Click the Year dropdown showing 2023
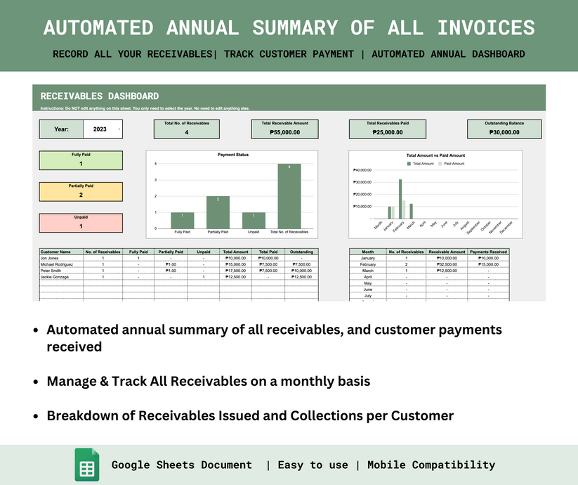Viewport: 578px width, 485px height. [x=102, y=129]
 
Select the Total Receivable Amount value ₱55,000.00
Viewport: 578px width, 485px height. [x=284, y=132]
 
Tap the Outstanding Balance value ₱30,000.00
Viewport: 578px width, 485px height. [x=504, y=132]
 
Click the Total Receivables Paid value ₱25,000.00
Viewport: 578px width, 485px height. [x=387, y=132]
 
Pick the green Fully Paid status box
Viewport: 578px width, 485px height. [x=80, y=160]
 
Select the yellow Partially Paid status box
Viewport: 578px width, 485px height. [x=80, y=191]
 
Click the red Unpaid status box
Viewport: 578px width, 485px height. [x=80, y=222]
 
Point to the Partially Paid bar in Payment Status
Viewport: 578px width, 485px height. [x=218, y=212]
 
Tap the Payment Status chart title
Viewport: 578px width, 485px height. [x=232, y=155]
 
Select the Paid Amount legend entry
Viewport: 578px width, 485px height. [x=452, y=163]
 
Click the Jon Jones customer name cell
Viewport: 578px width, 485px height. [x=60, y=258]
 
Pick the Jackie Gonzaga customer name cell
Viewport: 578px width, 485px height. [x=60, y=277]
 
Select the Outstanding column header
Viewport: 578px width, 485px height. [x=301, y=252]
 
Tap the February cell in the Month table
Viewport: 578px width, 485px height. [x=368, y=264]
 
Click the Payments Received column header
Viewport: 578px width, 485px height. [x=488, y=252]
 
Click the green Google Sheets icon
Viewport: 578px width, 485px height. [x=87, y=465]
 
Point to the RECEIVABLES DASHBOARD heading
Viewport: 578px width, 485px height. [x=100, y=96]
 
